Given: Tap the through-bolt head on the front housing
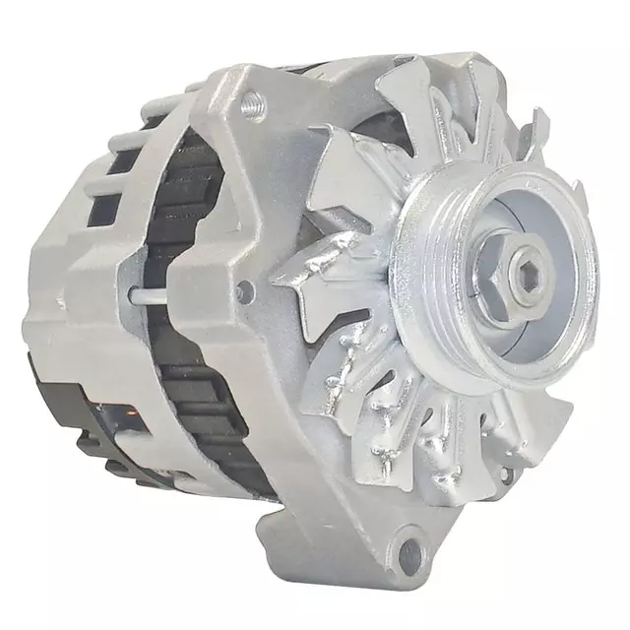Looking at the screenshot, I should point(245,290).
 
